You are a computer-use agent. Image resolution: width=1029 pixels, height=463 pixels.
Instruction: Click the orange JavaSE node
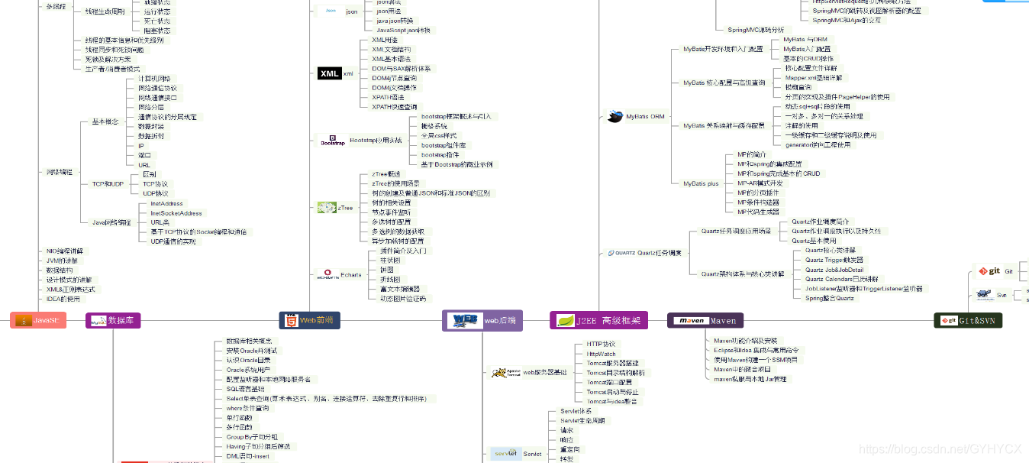[39, 321]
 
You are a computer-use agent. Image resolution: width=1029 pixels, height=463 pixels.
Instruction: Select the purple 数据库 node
[113, 321]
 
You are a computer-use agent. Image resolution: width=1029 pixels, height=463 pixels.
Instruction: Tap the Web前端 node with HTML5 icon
[309, 321]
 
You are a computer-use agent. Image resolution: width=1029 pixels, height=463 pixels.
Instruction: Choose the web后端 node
[482, 320]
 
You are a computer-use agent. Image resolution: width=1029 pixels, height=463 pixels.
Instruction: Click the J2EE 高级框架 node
[598, 320]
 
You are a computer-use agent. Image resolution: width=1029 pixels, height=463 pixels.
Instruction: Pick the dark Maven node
[705, 321]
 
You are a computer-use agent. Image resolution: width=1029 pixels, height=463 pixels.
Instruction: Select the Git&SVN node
[968, 321]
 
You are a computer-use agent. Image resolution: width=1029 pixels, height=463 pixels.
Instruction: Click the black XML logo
[329, 73]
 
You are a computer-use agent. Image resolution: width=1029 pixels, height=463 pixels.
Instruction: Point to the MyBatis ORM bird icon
[614, 117]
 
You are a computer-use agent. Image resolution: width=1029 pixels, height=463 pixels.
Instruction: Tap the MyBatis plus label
[701, 183]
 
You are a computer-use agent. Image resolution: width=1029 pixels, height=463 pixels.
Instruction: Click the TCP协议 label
[155, 184]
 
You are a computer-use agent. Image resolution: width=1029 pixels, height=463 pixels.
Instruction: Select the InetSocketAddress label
[176, 213]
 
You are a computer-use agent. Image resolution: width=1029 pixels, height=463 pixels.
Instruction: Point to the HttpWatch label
[601, 354]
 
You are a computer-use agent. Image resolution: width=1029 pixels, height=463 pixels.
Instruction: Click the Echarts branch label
[351, 275]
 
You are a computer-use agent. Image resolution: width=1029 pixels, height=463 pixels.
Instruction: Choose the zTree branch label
[345, 208]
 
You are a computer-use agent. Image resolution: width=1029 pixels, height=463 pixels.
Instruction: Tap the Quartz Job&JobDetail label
[834, 270]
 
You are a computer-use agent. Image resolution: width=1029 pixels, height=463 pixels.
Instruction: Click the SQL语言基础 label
[245, 389]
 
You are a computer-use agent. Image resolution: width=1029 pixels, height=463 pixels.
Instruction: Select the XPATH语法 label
[388, 97]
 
